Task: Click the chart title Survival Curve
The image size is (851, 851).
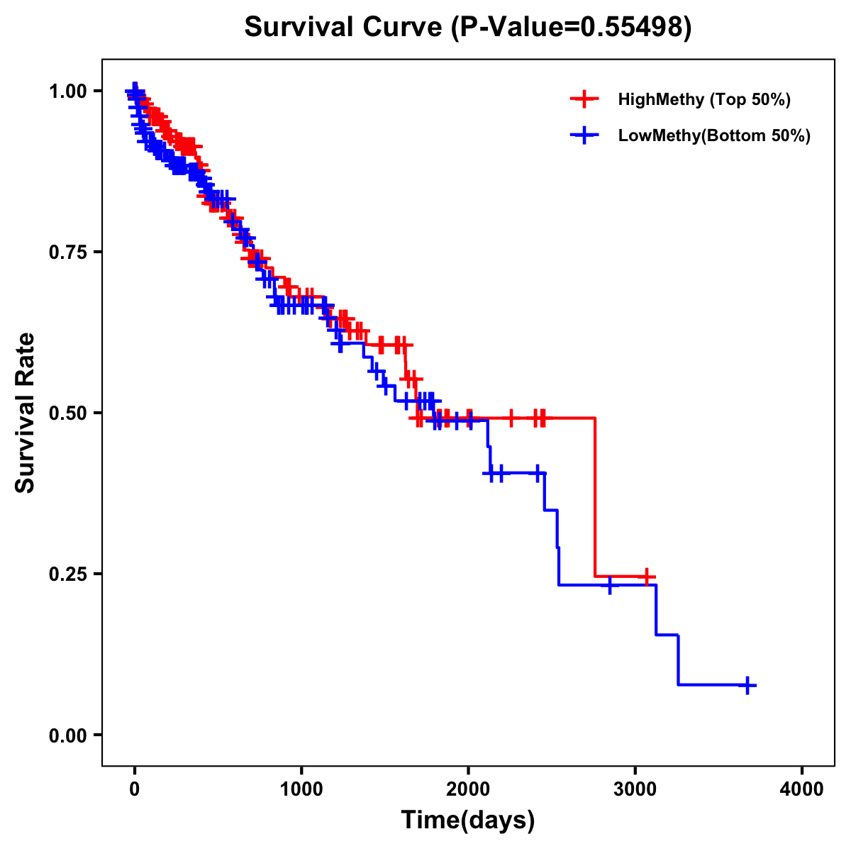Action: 467,27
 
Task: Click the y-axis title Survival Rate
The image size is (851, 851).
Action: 26,412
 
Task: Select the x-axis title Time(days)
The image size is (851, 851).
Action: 467,820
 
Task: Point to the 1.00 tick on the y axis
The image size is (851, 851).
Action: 68,91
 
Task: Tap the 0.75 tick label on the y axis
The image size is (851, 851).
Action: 68,252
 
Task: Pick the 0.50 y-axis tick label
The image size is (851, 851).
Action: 68,413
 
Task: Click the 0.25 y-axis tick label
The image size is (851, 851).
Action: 68,574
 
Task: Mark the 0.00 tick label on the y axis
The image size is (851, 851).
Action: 68,735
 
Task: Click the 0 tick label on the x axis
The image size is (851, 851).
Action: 135,789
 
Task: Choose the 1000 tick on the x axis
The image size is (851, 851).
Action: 301,789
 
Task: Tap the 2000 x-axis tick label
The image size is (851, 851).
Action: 468,789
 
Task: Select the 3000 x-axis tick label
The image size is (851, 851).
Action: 635,789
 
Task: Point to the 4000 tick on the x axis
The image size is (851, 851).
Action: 802,789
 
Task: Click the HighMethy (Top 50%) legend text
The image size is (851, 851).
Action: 704,99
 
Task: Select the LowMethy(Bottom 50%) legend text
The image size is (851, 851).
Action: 714,135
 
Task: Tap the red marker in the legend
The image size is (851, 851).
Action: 584,99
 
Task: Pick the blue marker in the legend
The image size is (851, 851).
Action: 584,135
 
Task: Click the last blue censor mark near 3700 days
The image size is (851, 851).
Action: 747,685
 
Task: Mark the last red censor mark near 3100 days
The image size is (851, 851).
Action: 646,577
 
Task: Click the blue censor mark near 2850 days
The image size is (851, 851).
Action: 609,585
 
